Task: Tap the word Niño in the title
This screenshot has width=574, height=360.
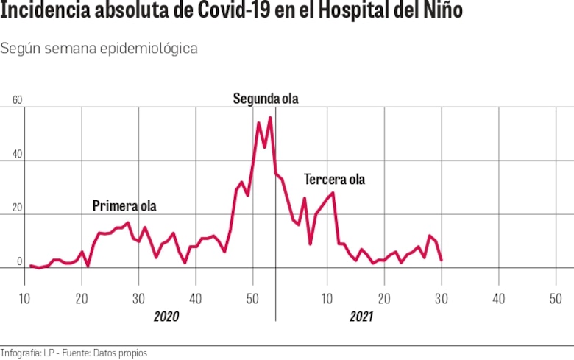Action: click(441, 13)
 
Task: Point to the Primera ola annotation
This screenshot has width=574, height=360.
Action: click(124, 206)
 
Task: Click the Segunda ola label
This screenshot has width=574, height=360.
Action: click(266, 99)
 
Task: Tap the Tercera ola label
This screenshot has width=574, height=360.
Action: click(334, 180)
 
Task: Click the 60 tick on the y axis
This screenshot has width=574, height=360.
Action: click(18, 101)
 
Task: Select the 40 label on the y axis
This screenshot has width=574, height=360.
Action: click(18, 155)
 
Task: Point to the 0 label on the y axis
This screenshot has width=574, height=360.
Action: click(20, 261)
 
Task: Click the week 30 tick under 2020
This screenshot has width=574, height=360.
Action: click(138, 298)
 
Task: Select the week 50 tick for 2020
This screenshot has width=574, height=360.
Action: click(252, 298)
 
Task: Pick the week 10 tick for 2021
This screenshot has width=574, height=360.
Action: click(327, 298)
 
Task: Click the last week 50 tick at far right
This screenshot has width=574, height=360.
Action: click(556, 298)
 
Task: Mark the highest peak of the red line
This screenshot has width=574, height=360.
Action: click(270, 118)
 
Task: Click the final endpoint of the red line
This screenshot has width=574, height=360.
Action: click(441, 260)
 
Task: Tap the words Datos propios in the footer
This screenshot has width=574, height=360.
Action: click(120, 353)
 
